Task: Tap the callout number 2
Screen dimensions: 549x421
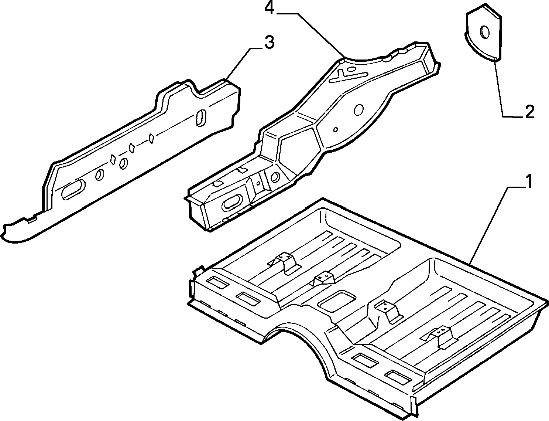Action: point(529,112)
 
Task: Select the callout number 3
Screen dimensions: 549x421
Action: point(269,42)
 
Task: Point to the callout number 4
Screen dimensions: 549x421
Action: point(269,9)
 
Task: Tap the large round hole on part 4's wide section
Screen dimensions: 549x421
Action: point(358,109)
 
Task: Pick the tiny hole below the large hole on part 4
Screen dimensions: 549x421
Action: point(336,130)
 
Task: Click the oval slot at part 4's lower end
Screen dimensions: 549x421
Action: point(231,203)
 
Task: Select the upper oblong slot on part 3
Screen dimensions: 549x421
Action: point(201,118)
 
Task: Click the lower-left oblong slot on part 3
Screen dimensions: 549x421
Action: point(73,189)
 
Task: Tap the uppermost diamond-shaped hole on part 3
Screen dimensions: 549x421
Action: point(151,138)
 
